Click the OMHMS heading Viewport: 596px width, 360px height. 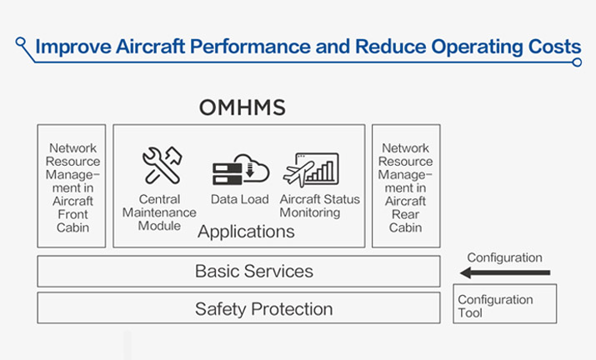point(242,107)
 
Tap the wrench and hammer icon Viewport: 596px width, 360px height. point(162,165)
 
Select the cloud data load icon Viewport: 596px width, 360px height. point(241,169)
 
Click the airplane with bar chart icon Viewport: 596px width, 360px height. point(311,169)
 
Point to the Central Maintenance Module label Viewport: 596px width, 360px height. point(159,212)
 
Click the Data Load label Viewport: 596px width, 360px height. point(240,199)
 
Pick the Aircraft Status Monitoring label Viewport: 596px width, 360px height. point(319,206)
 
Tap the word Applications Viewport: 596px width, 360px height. point(246,232)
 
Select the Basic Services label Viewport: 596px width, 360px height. point(254,271)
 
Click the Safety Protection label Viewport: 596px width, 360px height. point(263,308)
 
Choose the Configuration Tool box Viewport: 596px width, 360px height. point(505,303)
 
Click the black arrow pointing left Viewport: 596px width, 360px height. point(505,272)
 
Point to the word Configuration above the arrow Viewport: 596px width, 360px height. point(505,257)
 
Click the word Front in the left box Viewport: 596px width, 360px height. point(73,214)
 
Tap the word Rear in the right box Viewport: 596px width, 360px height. point(405,214)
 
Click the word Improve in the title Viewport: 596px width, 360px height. point(73,47)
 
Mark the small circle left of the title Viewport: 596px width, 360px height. point(21,42)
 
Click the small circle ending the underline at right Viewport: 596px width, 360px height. point(577,62)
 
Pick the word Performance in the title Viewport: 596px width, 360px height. point(251,47)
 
